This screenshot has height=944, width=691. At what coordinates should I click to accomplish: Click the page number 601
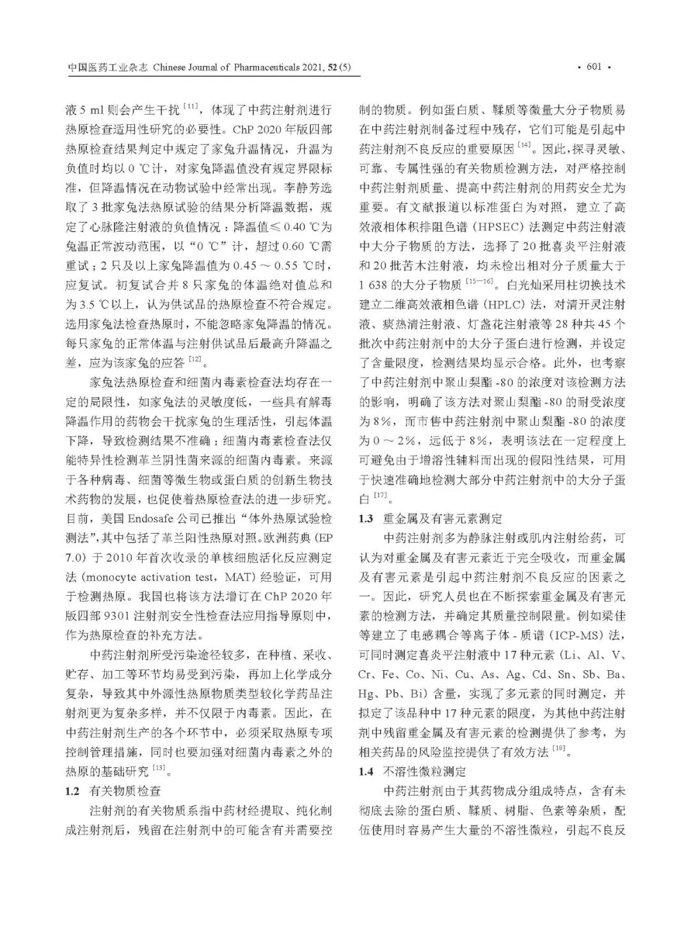594,67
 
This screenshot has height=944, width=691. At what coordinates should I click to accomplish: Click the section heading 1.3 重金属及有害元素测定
430,518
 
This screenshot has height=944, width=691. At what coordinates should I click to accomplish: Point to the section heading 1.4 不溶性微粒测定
412,771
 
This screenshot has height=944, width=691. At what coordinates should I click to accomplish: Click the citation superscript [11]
191,106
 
